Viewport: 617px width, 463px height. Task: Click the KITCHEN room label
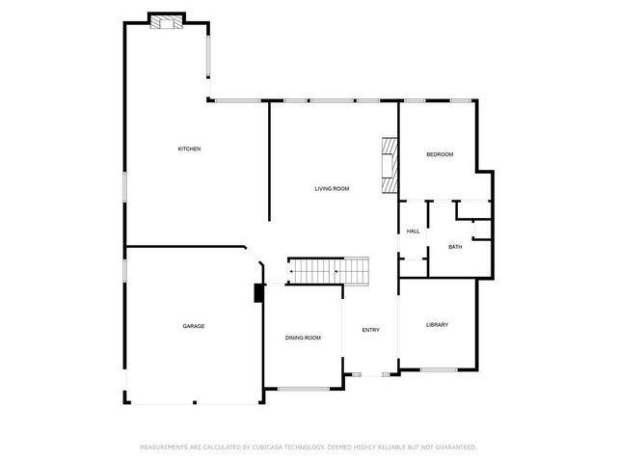189,149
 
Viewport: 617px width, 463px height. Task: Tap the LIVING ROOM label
332,188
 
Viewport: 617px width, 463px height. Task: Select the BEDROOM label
440,155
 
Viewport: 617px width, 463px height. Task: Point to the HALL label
413,231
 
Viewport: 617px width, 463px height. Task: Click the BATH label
455,247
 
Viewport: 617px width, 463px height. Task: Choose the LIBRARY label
437,325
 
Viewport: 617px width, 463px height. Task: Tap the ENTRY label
370,330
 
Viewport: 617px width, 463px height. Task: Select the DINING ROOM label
303,338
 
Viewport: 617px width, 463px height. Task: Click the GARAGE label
194,326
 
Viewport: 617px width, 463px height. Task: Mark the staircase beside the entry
329,271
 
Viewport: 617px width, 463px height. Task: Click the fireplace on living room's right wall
389,165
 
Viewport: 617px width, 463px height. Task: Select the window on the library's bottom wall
439,370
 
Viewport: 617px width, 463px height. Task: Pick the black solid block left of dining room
258,294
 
